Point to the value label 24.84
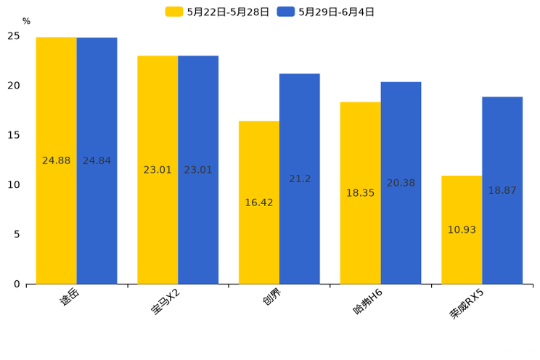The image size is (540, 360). click(x=97, y=160)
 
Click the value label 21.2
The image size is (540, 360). click(x=300, y=179)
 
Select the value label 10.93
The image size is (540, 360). click(x=462, y=230)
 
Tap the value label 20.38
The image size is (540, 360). click(x=401, y=183)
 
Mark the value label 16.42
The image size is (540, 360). click(x=259, y=202)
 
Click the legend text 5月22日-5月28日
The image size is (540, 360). click(x=228, y=12)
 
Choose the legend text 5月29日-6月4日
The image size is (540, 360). click(x=336, y=12)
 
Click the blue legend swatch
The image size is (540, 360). click(x=286, y=12)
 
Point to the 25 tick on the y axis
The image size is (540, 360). click(x=14, y=36)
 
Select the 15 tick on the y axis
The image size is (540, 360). click(x=14, y=135)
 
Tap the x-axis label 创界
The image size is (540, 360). click(x=273, y=300)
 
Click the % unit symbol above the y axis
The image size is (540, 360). click(x=26, y=21)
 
